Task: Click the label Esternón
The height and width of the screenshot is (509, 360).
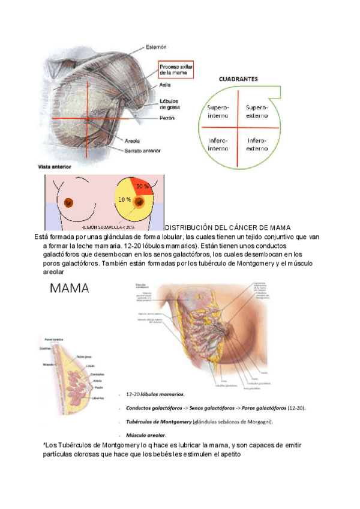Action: pos(156,46)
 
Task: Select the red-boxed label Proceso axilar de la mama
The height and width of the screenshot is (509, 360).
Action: pos(176,68)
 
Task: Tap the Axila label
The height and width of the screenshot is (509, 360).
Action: pos(165,85)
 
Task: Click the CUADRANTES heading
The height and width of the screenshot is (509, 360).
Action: pos(237,79)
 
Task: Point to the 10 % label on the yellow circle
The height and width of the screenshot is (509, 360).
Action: pos(124,199)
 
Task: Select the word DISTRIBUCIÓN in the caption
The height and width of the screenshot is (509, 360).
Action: pos(189,227)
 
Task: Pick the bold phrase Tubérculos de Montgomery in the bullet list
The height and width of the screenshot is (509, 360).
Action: pos(158,421)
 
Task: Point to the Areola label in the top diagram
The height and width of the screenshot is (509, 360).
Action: pos(133,141)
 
